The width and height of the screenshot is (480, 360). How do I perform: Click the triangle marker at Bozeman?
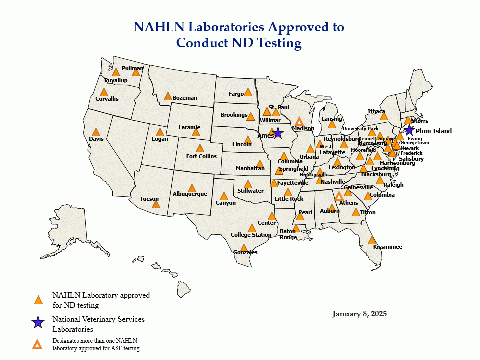[168, 96]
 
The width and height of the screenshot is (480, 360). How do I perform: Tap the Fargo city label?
[236, 94]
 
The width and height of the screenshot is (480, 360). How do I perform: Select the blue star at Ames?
[278, 134]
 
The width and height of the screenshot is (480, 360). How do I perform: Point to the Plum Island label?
[433, 131]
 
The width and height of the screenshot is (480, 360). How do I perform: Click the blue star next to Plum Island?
[409, 130]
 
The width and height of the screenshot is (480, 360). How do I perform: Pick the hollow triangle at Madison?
[299, 122]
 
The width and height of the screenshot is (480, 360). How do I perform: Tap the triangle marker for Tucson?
[156, 204]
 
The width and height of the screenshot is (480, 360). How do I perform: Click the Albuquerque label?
[189, 194]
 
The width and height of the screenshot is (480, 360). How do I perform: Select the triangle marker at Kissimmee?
[372, 240]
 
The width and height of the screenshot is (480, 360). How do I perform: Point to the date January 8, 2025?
[359, 314]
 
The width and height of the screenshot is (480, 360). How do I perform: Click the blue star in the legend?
[38, 323]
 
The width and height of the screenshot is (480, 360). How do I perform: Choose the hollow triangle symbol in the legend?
[37, 344]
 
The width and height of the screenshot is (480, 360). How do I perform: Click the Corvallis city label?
[107, 99]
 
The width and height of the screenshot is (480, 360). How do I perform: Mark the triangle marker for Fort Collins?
[200, 148]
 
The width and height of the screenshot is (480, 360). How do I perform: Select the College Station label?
[251, 235]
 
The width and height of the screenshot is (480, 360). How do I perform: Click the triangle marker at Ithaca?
[384, 116]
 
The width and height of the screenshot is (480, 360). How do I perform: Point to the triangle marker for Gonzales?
[244, 248]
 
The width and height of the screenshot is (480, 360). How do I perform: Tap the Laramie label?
[189, 127]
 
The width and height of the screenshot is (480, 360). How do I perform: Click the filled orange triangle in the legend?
[38, 300]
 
